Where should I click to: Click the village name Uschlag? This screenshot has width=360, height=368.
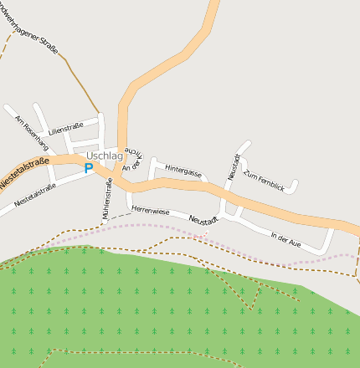105,156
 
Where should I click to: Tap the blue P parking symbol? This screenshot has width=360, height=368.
89,168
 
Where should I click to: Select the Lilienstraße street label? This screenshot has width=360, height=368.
65,130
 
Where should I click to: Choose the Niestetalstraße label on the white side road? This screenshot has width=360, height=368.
35,197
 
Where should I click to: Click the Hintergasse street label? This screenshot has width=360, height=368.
183,171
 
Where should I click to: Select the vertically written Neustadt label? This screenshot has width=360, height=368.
234,166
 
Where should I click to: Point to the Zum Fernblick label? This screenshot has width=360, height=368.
264,181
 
